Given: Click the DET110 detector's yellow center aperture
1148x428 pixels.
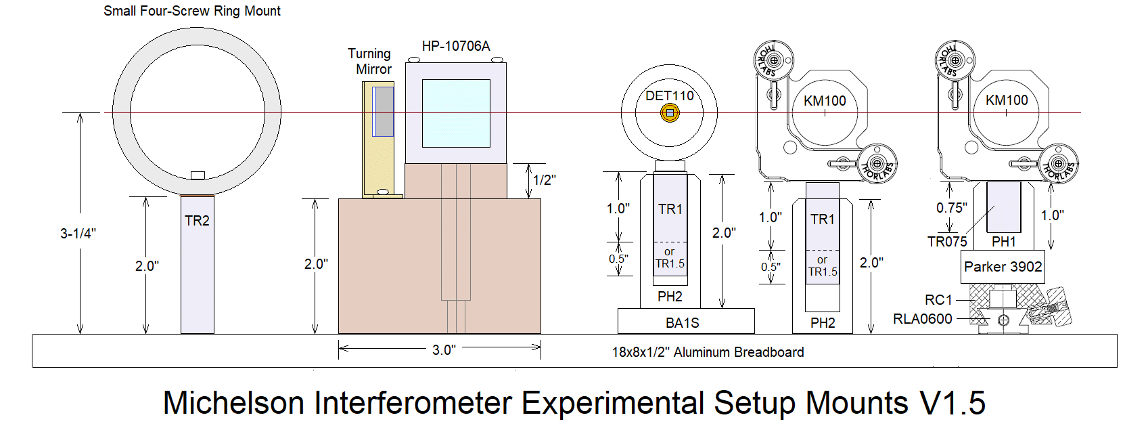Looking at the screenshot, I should tap(670, 113).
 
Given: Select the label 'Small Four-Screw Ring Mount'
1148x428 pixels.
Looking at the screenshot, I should tap(191, 11).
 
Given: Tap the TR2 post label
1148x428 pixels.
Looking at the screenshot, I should tap(197, 221).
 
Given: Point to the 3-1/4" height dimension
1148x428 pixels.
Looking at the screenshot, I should tap(78, 234).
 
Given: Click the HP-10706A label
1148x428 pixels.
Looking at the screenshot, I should tap(455, 46).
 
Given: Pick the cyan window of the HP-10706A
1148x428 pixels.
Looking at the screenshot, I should tap(456, 113).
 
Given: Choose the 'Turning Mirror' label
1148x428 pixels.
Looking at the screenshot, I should tap(370, 61).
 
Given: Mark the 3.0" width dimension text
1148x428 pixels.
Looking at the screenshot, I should tap(444, 349).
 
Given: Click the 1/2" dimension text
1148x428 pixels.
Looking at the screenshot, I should tap(544, 180).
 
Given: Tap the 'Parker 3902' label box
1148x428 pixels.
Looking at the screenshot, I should tap(1003, 267).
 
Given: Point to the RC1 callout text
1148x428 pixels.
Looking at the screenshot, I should tap(938, 299).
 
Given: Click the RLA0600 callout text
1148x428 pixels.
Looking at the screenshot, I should tap(922, 318).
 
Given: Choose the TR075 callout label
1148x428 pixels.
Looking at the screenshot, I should tap(946, 242).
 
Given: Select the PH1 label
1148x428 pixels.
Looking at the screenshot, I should tap(1003, 242).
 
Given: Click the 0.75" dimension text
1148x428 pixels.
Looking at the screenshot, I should tap(951, 208).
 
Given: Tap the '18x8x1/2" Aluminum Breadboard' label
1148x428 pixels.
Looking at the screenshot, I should tap(708, 352).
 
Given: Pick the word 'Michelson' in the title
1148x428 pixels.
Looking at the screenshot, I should tap(233, 403).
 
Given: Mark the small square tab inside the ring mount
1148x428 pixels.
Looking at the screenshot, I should tap(198, 175).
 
